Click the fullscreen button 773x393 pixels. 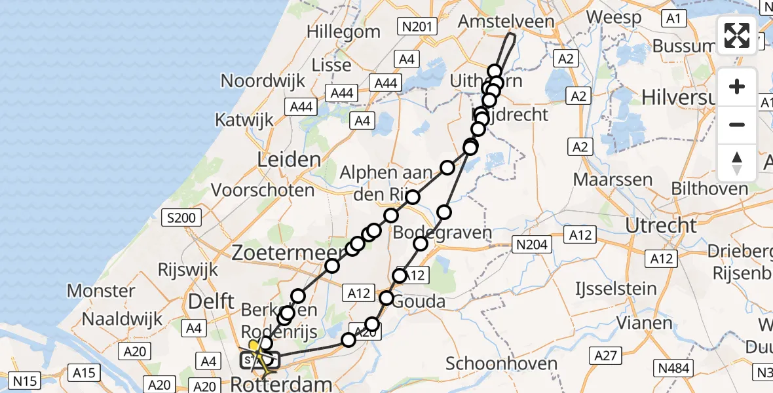737,35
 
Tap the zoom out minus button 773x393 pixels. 737,124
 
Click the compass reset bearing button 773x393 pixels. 737,162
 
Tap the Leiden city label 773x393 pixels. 289,159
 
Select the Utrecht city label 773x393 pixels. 661,225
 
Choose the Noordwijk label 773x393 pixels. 263,81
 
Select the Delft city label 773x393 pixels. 210,302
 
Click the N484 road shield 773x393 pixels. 675,368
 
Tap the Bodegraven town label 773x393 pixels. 442,233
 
